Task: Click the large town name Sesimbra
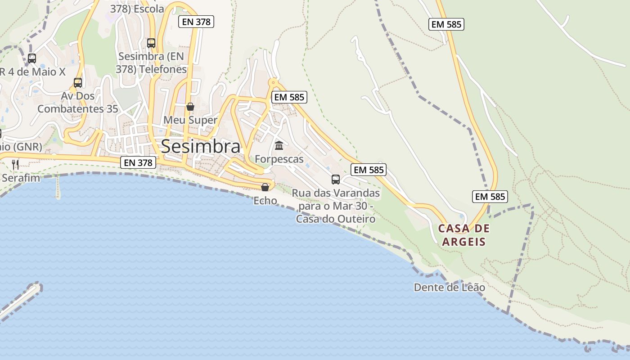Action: [x=201, y=146]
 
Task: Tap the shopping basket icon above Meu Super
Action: [x=190, y=107]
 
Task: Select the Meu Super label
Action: [x=190, y=120]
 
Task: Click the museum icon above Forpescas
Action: [x=279, y=146]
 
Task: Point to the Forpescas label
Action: [x=279, y=159]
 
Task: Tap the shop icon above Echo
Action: [x=265, y=187]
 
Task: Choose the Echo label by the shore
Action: [x=265, y=200]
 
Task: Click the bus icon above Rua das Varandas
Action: [x=336, y=180]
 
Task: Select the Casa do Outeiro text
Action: [x=336, y=219]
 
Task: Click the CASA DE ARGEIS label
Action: [x=464, y=235]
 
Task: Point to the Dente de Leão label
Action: [x=450, y=287]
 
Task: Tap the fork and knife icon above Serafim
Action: [x=15, y=164]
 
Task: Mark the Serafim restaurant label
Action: [x=21, y=178]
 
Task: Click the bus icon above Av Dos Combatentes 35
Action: [x=78, y=83]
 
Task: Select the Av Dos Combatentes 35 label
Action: [x=78, y=102]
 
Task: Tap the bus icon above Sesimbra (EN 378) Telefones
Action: [x=151, y=43]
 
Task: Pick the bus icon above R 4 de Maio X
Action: [x=32, y=58]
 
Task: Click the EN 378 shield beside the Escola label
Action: [x=196, y=21]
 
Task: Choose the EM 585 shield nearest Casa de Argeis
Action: [x=490, y=197]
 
